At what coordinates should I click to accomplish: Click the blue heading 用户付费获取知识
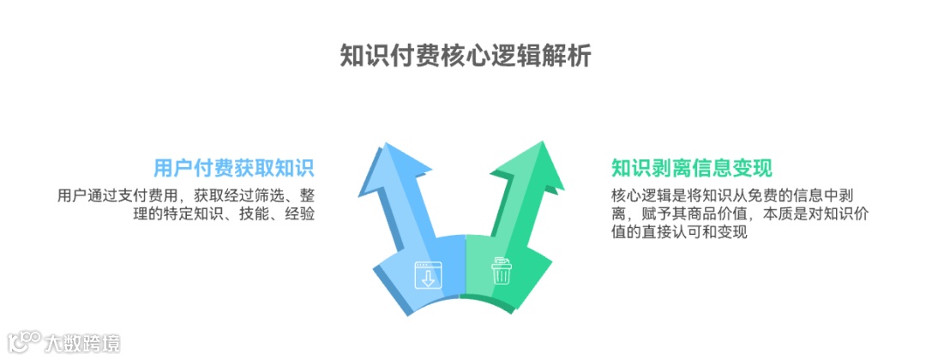tap(234, 168)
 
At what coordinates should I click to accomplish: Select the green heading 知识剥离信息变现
tap(692, 168)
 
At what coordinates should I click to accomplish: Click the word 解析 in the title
tap(567, 55)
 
